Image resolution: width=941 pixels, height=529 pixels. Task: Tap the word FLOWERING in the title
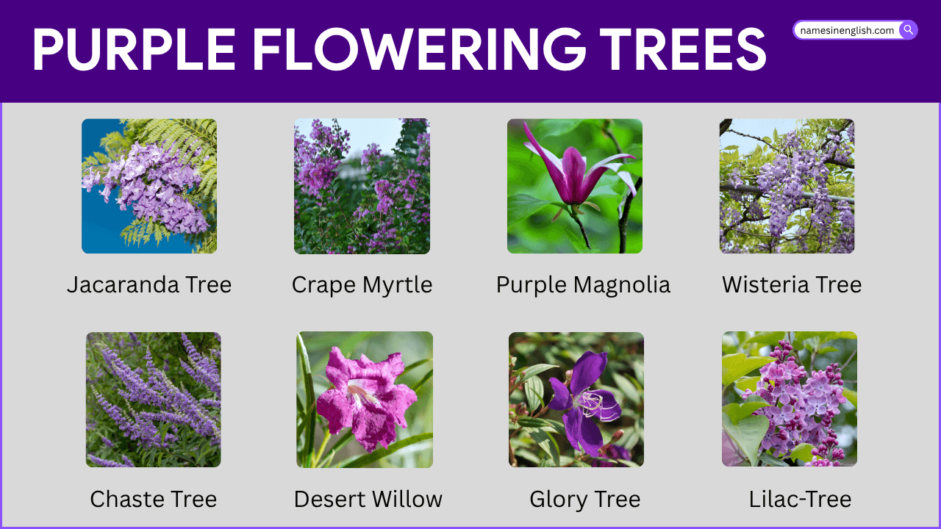click(x=418, y=50)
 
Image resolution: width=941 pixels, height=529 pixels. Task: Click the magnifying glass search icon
click(x=909, y=30)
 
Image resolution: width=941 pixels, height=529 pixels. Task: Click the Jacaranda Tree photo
click(x=149, y=186)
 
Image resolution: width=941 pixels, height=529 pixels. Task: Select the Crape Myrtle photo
click(x=362, y=186)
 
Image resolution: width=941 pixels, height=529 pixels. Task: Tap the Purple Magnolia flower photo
click(x=574, y=186)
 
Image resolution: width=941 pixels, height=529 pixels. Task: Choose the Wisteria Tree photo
click(x=787, y=186)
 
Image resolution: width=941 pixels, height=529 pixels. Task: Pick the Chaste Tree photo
click(x=153, y=399)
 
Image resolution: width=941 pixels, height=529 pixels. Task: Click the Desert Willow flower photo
click(x=365, y=399)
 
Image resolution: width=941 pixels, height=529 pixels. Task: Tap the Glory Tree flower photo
click(x=576, y=399)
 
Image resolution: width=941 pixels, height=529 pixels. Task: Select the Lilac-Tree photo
click(x=789, y=399)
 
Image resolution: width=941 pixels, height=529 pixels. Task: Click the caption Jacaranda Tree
click(x=149, y=284)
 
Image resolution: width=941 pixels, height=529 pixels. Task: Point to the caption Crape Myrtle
click(x=362, y=284)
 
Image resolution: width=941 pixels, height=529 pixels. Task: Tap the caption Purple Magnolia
click(x=583, y=284)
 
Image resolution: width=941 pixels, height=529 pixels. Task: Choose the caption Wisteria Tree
click(x=792, y=284)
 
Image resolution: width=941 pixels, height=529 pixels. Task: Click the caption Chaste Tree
click(x=153, y=499)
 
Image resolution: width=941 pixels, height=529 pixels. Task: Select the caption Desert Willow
click(x=368, y=499)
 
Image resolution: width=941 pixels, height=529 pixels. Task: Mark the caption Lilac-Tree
click(x=800, y=499)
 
